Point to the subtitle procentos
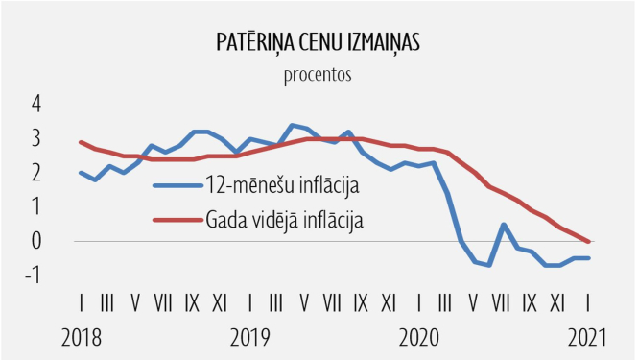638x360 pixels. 319,75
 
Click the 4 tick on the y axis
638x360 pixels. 36,105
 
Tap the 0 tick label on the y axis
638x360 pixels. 36,241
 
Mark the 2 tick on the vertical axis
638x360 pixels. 36,173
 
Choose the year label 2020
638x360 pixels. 418,338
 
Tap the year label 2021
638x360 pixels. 588,338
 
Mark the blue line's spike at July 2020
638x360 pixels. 504,225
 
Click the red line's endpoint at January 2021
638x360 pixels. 588,241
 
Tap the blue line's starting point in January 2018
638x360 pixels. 81,173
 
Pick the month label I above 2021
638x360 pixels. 588,303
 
